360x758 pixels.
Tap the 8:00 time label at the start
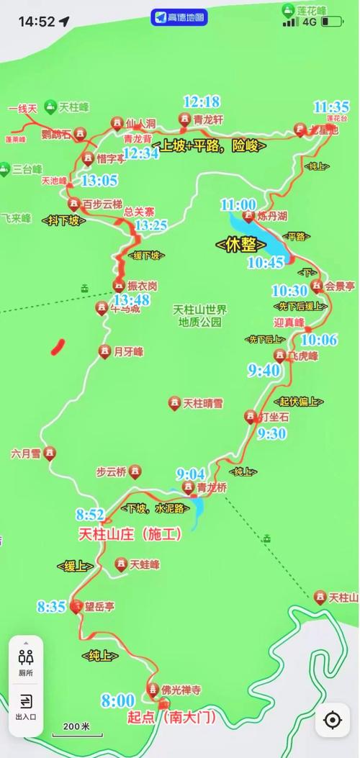coord(117,700)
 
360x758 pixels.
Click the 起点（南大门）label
coord(166,717)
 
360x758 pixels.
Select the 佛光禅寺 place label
coord(180,690)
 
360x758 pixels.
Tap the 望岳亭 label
coord(99,607)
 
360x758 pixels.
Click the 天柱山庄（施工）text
coord(129,535)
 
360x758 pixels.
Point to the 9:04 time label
coord(191,474)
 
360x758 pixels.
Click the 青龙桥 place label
coord(212,487)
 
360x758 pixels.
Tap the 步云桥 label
coord(111,472)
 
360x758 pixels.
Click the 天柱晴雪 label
coord(203,403)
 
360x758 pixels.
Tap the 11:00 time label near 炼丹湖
coord(238,204)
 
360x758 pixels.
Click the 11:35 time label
coord(331,107)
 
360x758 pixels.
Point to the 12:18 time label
coord(202,101)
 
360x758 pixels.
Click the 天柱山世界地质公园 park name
coord(199,315)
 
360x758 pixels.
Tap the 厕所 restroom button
coord(26,662)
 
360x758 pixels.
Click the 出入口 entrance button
coord(26,706)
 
